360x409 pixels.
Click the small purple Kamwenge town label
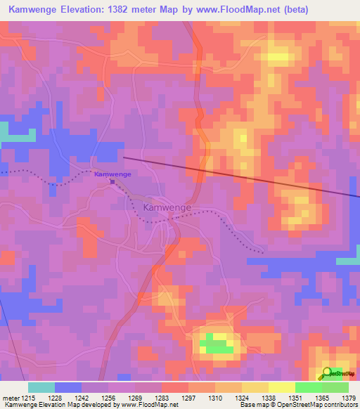[112, 174]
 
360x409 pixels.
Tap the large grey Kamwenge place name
[167, 208]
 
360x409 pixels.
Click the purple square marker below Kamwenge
[112, 181]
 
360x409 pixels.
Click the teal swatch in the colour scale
[41, 387]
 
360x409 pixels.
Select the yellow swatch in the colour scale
[281, 387]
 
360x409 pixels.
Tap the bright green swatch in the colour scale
[307, 387]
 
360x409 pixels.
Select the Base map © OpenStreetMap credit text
[298, 405]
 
